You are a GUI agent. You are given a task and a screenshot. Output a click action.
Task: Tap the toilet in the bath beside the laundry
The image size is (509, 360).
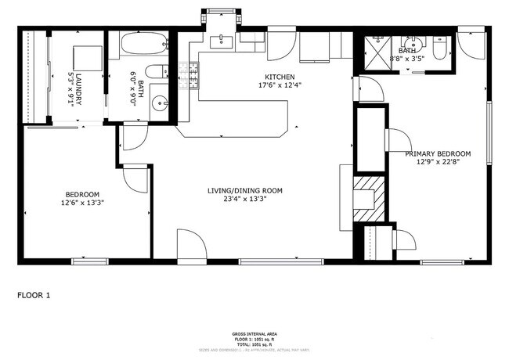click(x=157, y=72)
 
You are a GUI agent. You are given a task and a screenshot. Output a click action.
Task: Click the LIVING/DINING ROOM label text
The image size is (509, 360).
click(x=244, y=190)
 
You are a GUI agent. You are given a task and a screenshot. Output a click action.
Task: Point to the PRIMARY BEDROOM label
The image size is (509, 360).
click(x=438, y=153)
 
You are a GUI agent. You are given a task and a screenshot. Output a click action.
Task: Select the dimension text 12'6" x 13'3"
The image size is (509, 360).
click(x=82, y=202)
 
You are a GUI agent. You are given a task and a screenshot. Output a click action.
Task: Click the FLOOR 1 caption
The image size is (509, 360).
click(x=34, y=295)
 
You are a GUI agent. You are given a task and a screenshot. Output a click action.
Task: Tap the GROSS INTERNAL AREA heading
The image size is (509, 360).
click(x=254, y=334)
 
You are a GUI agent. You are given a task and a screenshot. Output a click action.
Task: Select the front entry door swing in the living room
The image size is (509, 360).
click(x=190, y=245)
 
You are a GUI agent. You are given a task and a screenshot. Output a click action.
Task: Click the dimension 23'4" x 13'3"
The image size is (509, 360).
click(x=244, y=199)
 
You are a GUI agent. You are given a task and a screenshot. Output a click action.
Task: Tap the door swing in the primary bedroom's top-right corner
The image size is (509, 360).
click(x=471, y=45)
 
